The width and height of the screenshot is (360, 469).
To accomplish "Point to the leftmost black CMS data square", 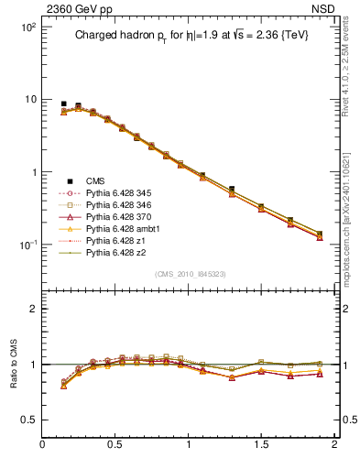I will coord(63,104).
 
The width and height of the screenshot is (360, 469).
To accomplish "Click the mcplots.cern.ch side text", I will coord(352,215).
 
